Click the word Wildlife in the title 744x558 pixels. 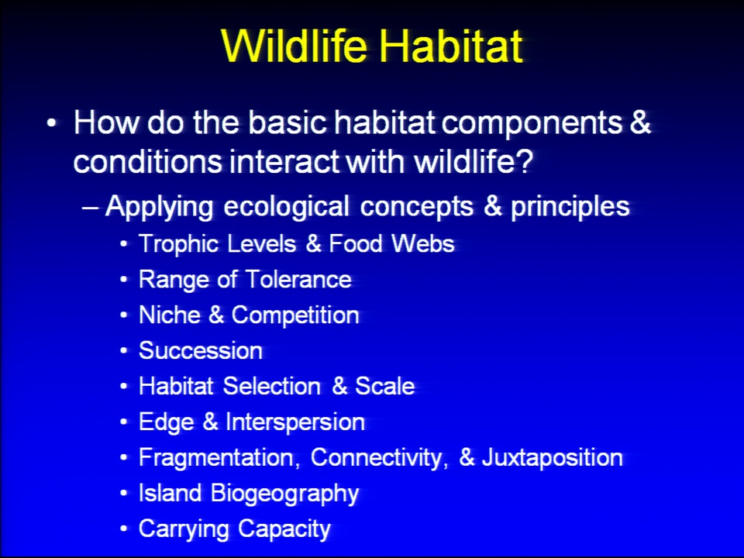point(294,46)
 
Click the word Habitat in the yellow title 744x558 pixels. point(450,46)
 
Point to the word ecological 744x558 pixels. point(286,207)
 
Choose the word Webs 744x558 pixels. point(423,243)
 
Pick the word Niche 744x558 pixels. point(170,315)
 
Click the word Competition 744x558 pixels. point(295,315)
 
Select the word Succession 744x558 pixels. point(200,350)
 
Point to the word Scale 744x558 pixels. point(385,386)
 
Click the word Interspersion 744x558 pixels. point(295,422)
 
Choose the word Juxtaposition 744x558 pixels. point(553,458)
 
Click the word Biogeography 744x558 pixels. point(284,494)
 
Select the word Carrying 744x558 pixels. point(184,529)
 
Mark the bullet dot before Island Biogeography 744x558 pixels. point(124,494)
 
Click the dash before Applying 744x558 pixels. point(90,208)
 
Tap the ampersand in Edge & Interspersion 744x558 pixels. point(210,422)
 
